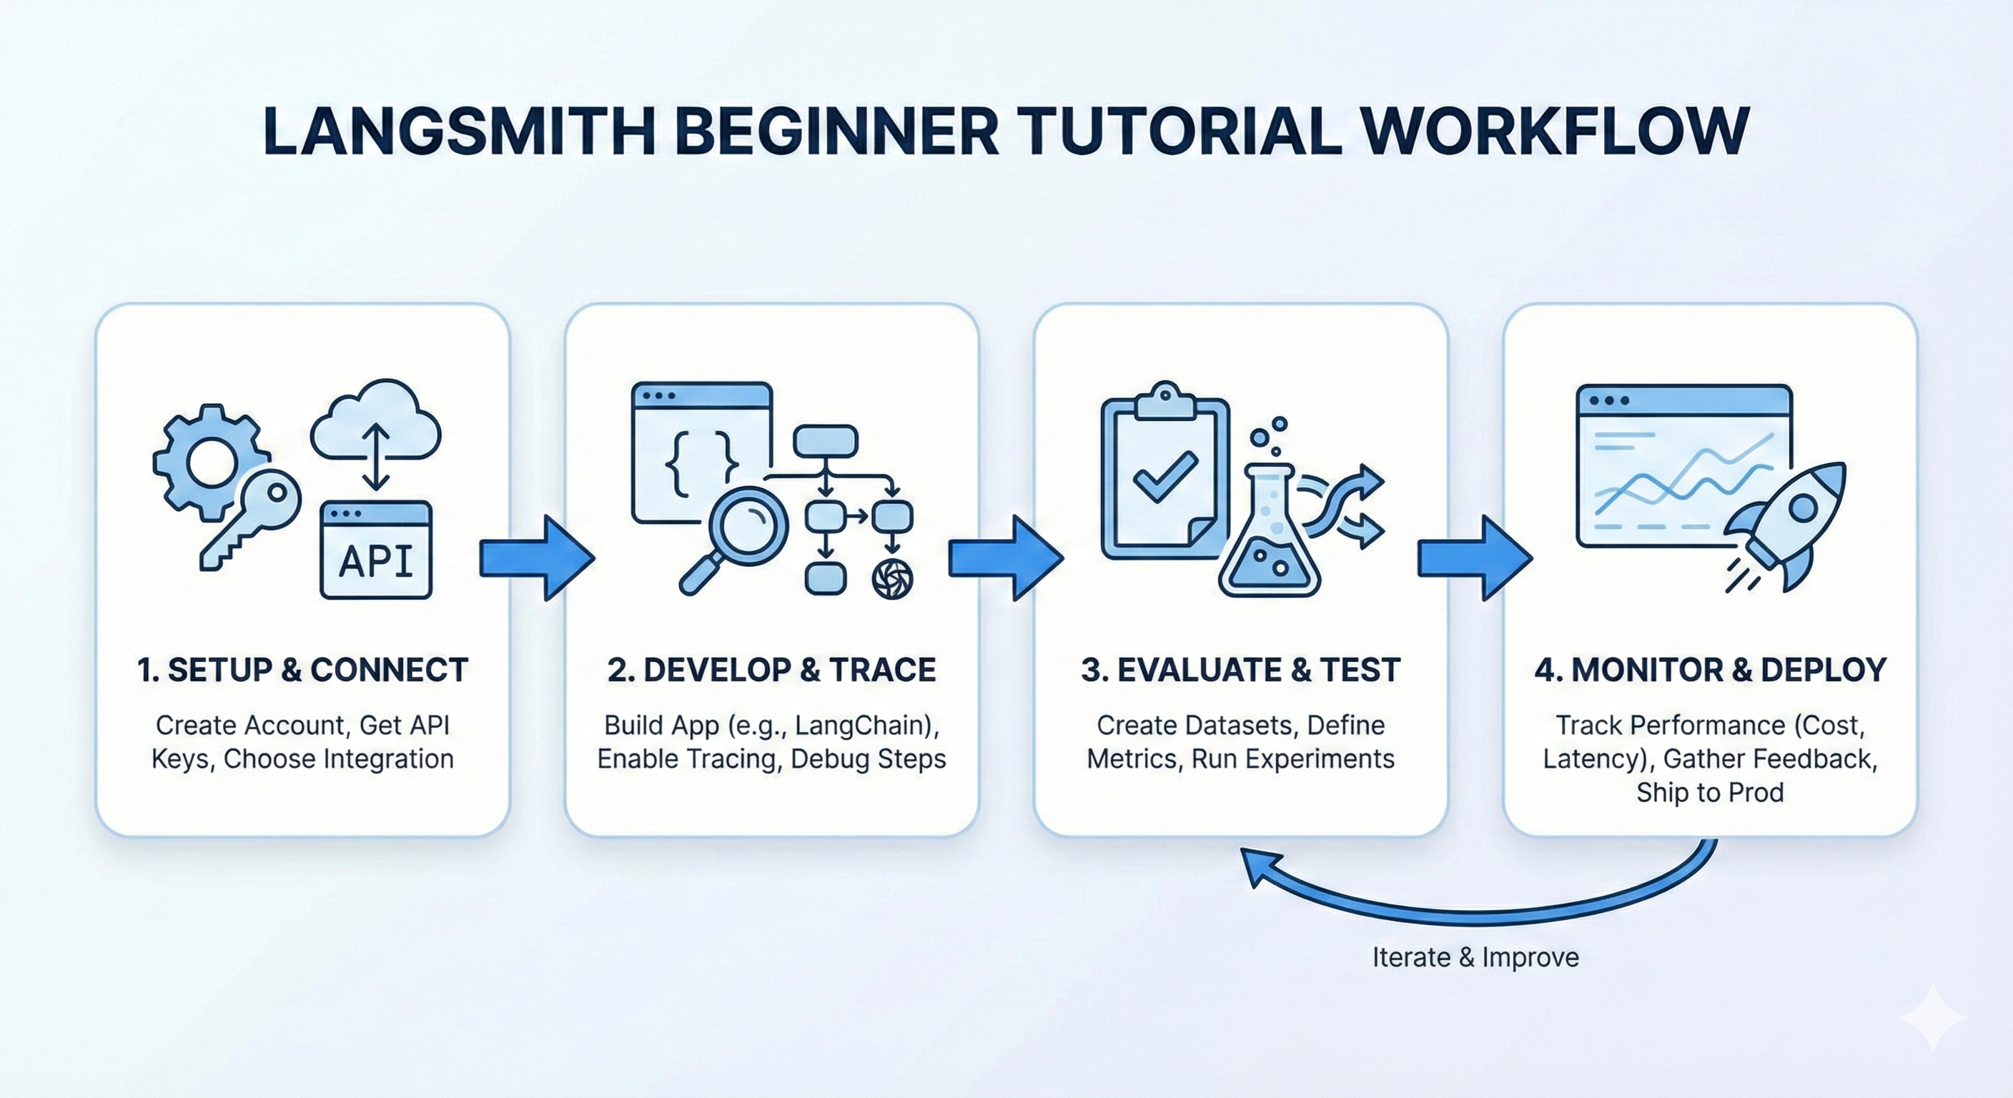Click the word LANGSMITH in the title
pyautogui.click(x=459, y=131)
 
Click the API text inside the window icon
pyautogui.click(x=376, y=561)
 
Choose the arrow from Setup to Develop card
pyautogui.click(x=537, y=558)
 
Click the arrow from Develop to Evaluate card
pyautogui.click(x=1006, y=558)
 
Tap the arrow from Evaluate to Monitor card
pyautogui.click(x=1475, y=558)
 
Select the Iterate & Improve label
pyautogui.click(x=1475, y=957)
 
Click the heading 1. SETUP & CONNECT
pyautogui.click(x=302, y=670)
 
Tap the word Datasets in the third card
pyautogui.click(x=1241, y=726)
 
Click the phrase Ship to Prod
pyautogui.click(x=1710, y=793)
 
